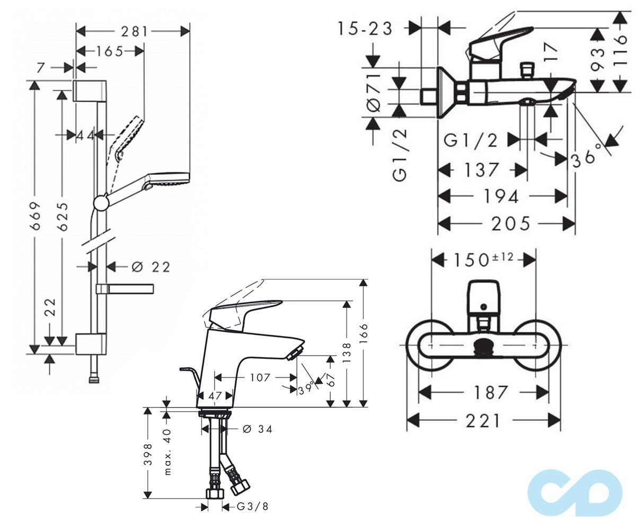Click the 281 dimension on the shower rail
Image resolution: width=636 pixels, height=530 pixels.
point(134,32)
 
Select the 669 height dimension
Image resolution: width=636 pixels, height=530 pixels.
point(36,216)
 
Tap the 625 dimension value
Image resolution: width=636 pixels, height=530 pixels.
point(63,216)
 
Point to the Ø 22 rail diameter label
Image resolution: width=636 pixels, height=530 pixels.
point(151,267)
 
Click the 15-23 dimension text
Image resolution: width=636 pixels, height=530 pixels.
point(365,30)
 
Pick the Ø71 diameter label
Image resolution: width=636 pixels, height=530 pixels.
point(374,92)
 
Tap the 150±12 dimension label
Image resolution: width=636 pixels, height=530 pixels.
point(483,260)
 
